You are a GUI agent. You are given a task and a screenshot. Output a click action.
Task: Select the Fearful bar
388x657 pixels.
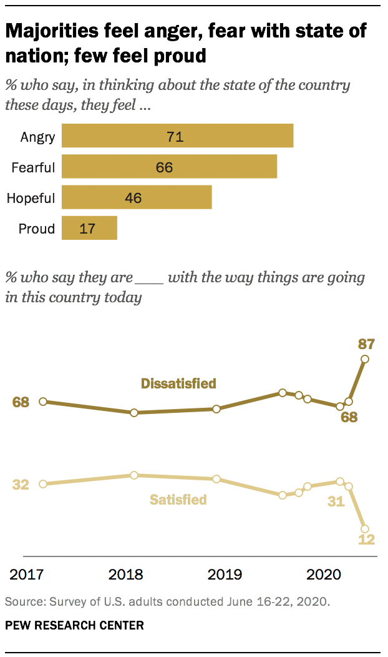[x=169, y=167]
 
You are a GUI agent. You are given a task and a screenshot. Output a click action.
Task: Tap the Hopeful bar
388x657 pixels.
[x=137, y=199]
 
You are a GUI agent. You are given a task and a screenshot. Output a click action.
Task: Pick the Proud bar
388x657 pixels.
[x=89, y=229]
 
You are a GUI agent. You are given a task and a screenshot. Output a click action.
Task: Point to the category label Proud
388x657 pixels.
[x=36, y=229]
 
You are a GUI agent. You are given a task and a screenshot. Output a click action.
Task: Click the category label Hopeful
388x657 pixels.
[x=31, y=199]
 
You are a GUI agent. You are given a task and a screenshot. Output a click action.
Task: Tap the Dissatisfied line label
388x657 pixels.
[x=178, y=383]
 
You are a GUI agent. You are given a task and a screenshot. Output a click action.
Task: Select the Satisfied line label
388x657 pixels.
[x=178, y=500]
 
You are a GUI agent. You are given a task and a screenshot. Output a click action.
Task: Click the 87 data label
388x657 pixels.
[x=366, y=343]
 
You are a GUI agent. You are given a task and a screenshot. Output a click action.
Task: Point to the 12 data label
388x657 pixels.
[x=366, y=540]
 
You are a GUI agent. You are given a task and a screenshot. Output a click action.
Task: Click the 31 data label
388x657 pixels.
[x=336, y=501]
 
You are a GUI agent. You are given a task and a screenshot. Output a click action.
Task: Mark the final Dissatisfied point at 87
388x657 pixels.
[x=365, y=359]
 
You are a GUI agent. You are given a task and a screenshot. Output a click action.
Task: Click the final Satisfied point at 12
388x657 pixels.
[x=365, y=529]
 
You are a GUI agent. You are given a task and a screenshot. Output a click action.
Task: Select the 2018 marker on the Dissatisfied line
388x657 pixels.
[x=134, y=413]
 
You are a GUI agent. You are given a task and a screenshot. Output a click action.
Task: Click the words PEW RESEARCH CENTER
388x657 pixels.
[x=74, y=625]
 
